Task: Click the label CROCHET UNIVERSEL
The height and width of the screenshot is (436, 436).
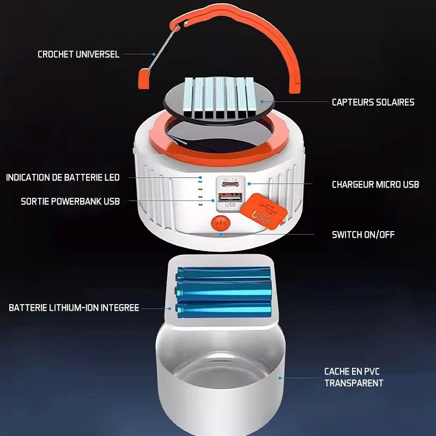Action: (x=78, y=54)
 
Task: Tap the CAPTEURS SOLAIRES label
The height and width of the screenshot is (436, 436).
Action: (x=373, y=102)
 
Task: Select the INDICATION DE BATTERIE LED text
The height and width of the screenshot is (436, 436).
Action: (x=63, y=178)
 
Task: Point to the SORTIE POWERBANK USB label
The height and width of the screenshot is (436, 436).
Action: (x=70, y=201)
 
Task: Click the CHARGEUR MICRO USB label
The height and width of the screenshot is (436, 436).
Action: (x=376, y=184)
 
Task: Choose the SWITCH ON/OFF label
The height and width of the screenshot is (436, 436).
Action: (x=363, y=235)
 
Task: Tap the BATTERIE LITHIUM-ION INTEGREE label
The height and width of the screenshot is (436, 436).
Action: (x=74, y=308)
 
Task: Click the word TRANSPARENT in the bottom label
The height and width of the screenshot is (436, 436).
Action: (x=354, y=383)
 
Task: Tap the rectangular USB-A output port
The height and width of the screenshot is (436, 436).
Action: (x=230, y=198)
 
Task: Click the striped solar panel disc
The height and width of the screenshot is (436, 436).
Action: (x=219, y=101)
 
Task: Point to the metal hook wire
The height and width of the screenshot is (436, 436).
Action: (x=162, y=50)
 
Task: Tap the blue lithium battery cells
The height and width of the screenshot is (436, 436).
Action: (x=224, y=292)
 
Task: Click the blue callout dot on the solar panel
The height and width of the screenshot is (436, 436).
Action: (x=262, y=102)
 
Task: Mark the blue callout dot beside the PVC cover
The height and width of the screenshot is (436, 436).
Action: (x=280, y=378)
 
